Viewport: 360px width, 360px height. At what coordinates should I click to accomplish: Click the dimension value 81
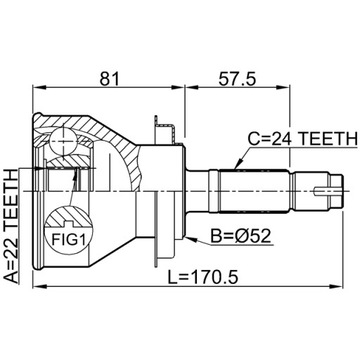tap(109, 79)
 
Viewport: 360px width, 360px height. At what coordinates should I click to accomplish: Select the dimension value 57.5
tap(237, 79)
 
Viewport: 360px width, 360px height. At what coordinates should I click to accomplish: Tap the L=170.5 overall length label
tap(203, 277)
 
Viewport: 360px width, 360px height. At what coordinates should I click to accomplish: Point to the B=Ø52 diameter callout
tap(240, 236)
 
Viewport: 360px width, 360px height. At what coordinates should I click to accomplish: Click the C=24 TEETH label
tap(302, 139)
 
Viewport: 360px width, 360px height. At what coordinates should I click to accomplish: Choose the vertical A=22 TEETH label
tap(12, 227)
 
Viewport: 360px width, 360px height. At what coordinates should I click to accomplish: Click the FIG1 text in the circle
tap(67, 239)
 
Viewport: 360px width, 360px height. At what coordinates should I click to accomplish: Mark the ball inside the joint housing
tap(63, 141)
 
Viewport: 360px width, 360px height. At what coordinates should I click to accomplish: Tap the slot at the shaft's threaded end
tap(328, 191)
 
